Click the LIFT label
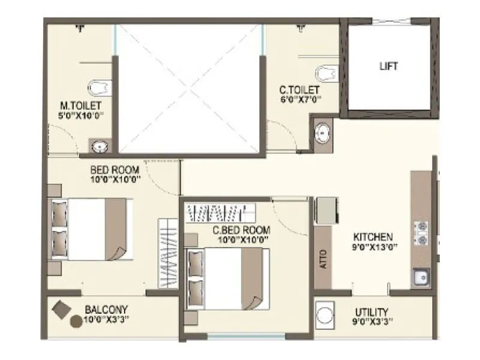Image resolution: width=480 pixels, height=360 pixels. click(388, 66)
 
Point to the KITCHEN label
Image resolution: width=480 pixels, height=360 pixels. click(373, 236)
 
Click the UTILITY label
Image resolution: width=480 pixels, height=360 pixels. click(370, 311)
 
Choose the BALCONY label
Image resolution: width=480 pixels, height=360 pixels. click(105, 310)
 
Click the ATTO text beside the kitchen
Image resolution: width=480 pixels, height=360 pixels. click(323, 259)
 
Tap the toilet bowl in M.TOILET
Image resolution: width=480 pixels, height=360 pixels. click(97, 87)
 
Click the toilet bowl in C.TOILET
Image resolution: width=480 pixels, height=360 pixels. click(326, 73)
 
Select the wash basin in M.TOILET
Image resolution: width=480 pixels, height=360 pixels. click(98, 145)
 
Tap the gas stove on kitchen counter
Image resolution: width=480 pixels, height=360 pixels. click(420, 233)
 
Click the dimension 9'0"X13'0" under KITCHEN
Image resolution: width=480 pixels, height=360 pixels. click(373, 247)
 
